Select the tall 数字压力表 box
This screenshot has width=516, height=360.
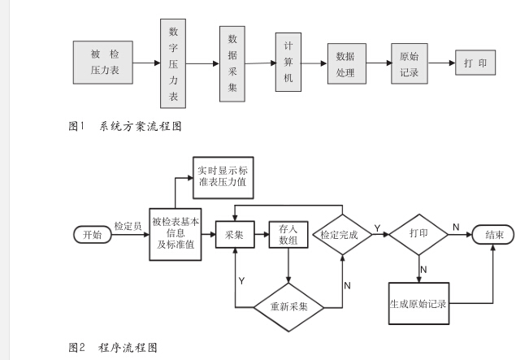tap(173, 64)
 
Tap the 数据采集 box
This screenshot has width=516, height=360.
tap(232, 63)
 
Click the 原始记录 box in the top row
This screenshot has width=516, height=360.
tap(409, 63)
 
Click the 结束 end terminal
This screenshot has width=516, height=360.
tap(493, 234)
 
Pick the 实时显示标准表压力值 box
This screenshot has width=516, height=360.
tap(224, 178)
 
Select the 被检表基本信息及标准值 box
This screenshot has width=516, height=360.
tap(176, 234)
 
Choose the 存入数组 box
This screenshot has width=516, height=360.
tap(288, 235)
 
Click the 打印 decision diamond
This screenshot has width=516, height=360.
tap(418, 233)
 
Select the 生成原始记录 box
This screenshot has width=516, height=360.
tap(418, 304)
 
